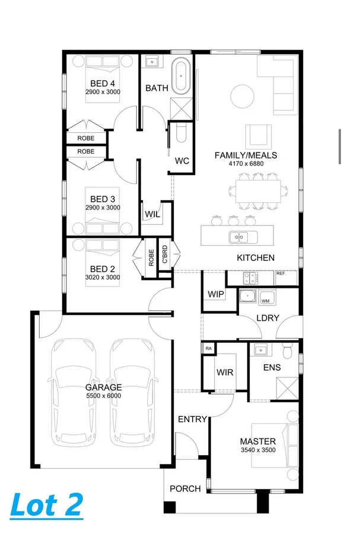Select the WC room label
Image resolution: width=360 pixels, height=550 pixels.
[181, 160]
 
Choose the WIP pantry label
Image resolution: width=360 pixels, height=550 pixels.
[215, 294]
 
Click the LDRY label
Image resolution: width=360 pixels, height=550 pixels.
[267, 317]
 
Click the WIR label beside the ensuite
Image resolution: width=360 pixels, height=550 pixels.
[225, 372]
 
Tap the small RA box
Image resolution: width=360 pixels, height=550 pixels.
[208, 348]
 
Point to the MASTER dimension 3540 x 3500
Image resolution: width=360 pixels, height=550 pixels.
[257, 450]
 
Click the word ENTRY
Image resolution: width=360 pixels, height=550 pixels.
[193, 419]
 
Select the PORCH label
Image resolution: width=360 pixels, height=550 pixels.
[185, 488]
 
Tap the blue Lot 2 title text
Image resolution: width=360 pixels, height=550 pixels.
[46, 504]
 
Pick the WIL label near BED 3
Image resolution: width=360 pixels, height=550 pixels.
[152, 214]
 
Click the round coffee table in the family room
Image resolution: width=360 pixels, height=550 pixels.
[242, 94]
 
